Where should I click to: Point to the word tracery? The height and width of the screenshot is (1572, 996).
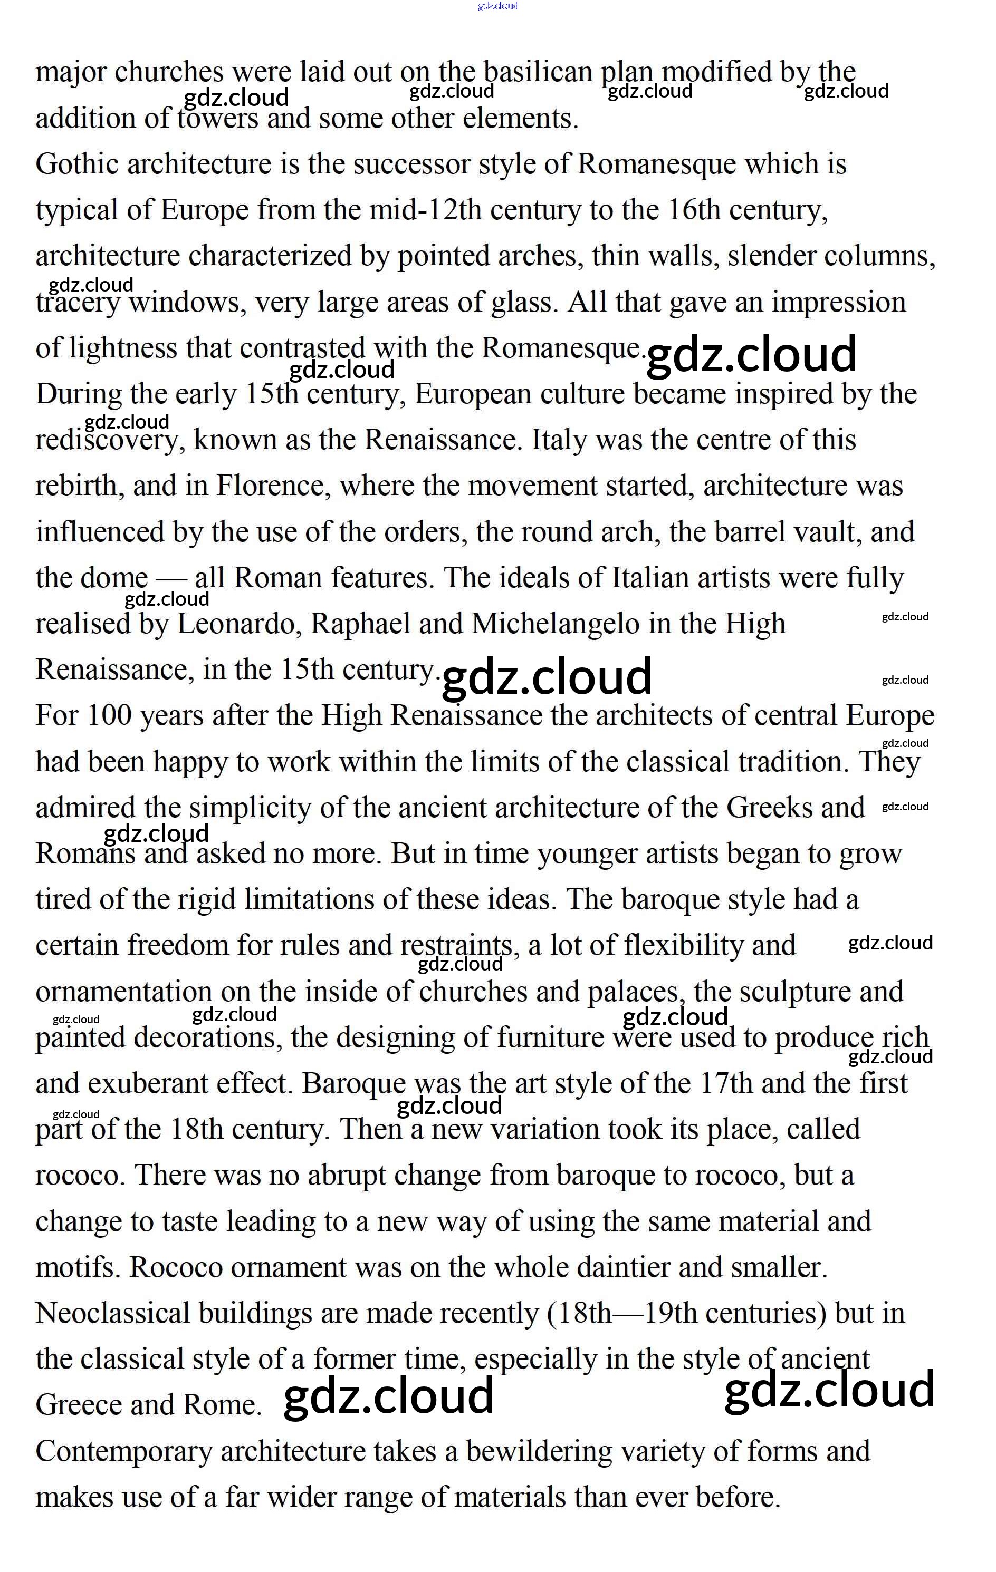[78, 303]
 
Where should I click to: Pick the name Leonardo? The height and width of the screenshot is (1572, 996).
[238, 624]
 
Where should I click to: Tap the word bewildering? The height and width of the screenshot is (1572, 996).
[538, 1452]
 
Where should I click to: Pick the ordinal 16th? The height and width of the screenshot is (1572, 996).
[694, 210]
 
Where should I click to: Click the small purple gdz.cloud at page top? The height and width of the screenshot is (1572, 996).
[497, 6]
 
